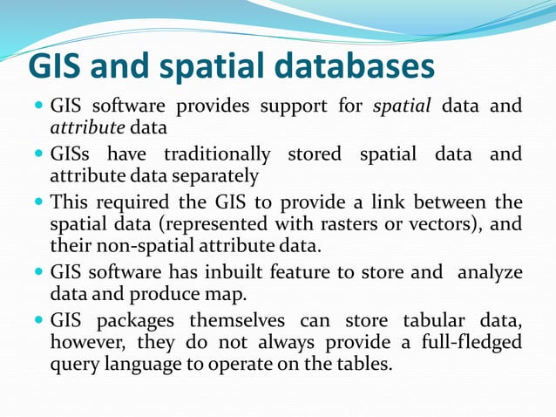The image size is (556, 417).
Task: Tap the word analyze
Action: point(487,272)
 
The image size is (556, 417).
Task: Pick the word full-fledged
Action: point(469,341)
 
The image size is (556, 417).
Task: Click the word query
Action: point(74,363)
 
